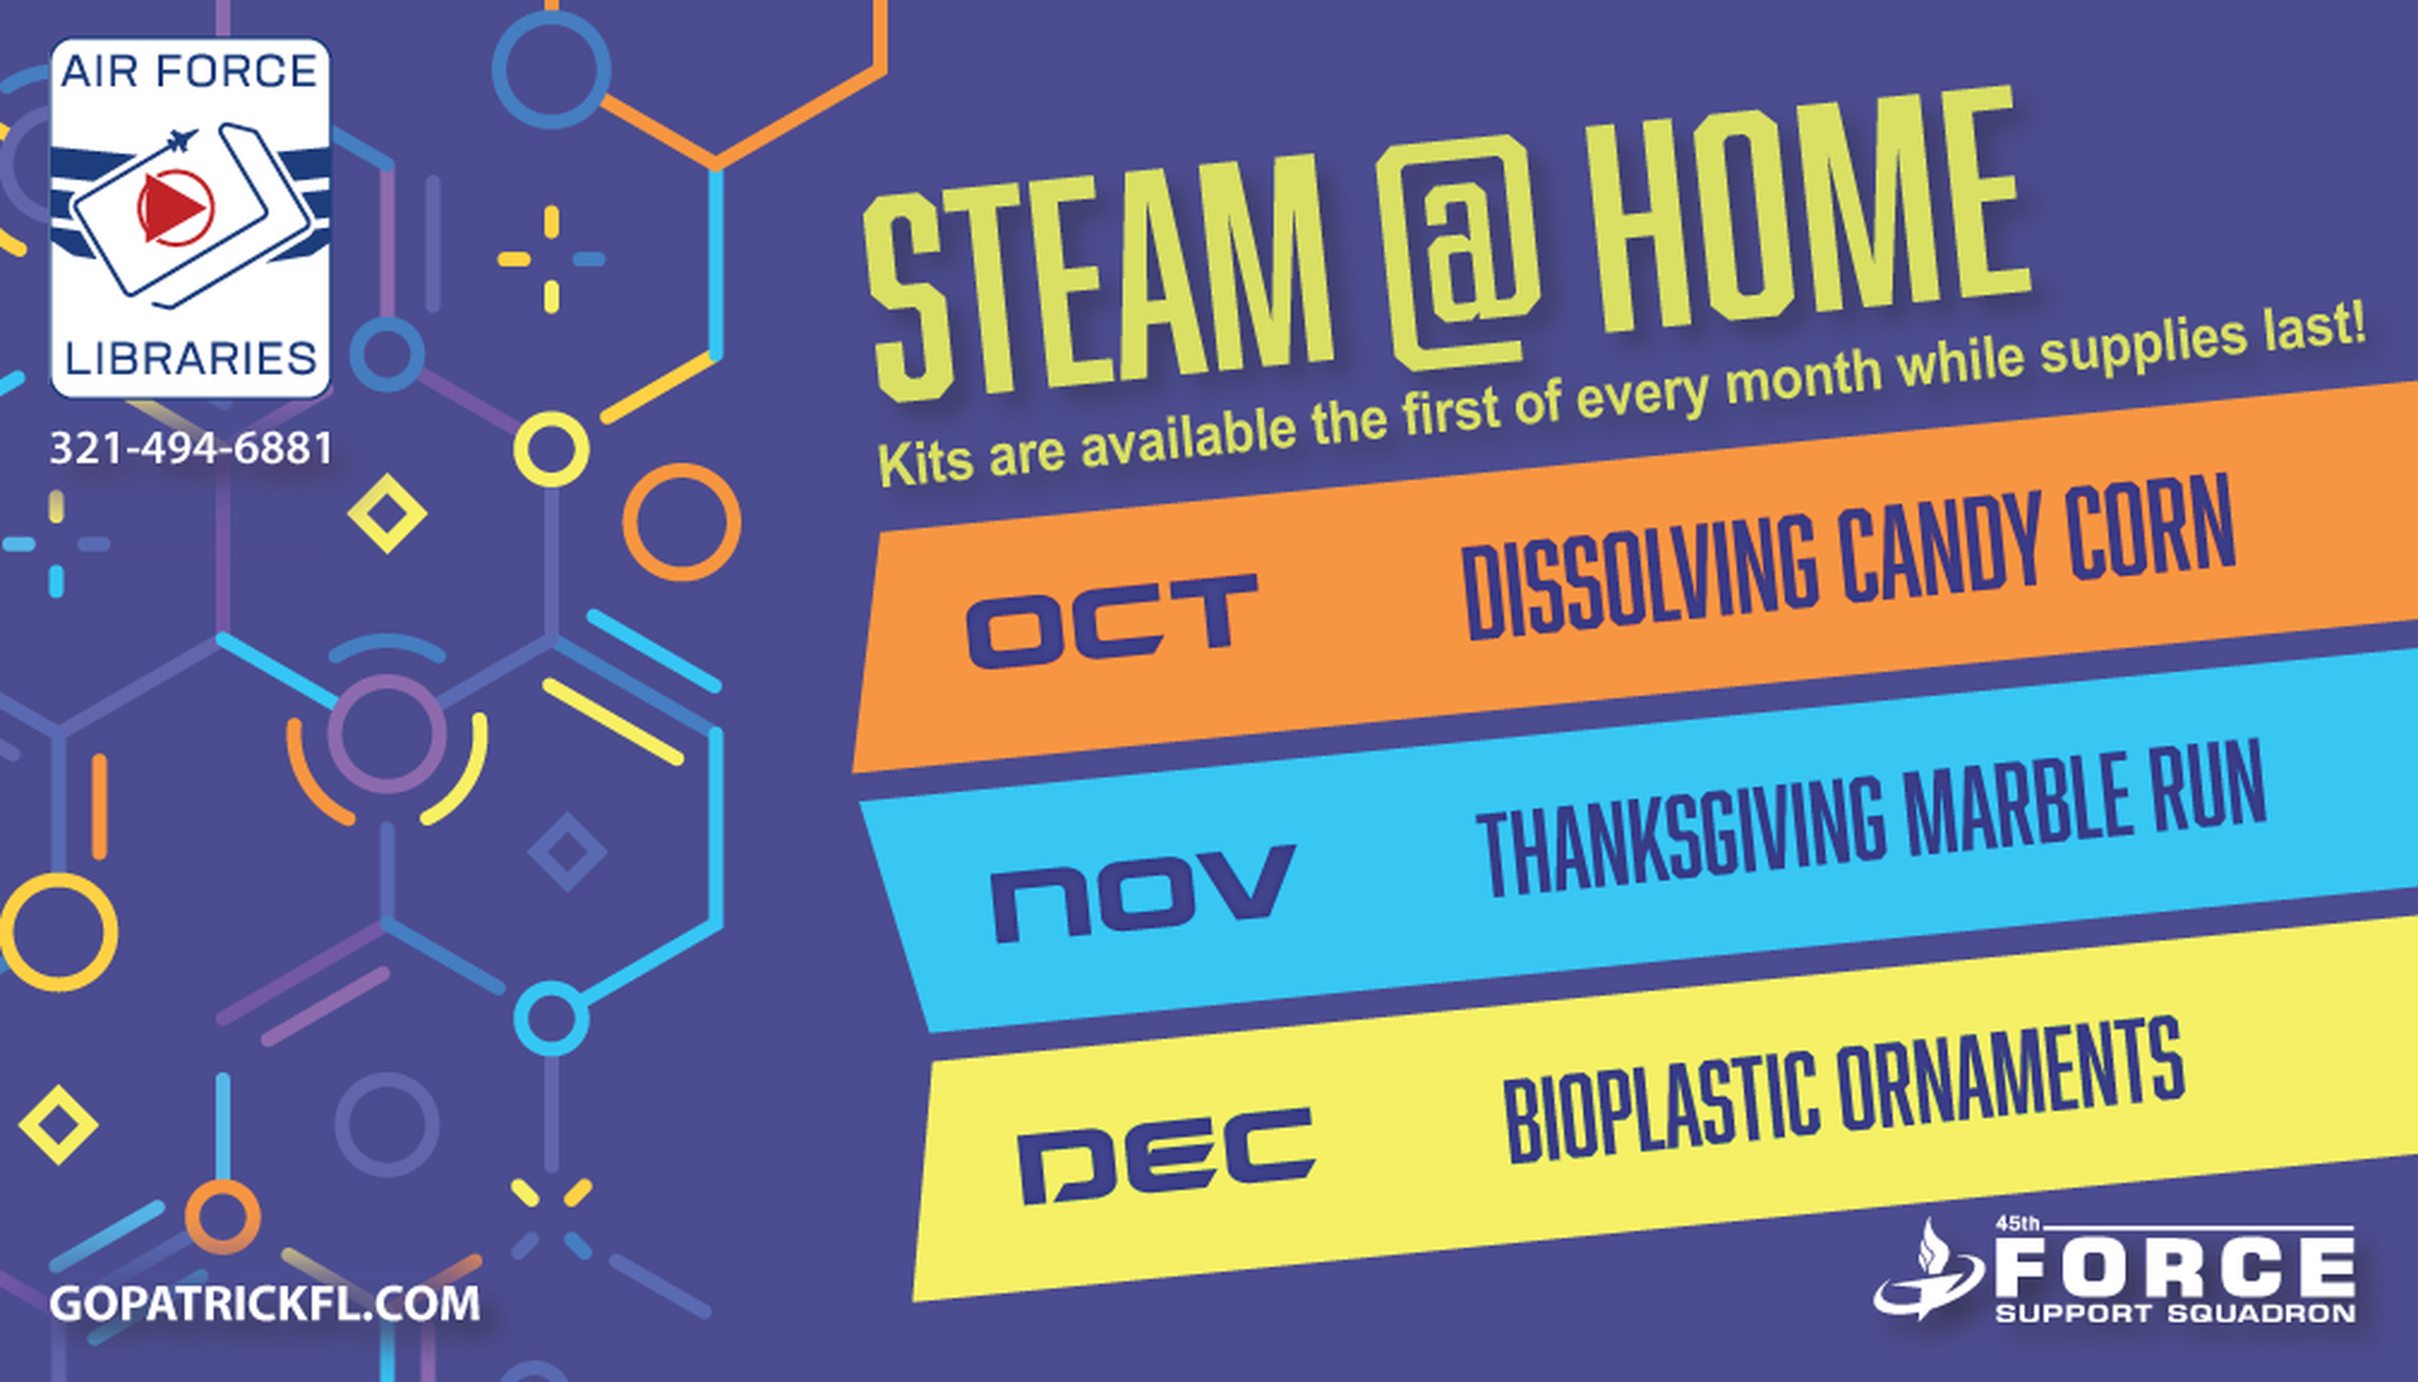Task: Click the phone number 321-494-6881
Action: click(190, 448)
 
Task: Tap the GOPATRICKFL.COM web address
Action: click(264, 1303)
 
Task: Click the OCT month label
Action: click(1111, 620)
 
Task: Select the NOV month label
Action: click(1142, 892)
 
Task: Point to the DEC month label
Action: click(1166, 1155)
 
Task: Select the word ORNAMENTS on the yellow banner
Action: click(2011, 1082)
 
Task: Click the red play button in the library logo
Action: click(175, 207)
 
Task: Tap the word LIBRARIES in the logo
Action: click(190, 358)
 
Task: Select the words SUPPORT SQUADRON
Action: click(2175, 1314)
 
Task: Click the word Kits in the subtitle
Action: click(923, 461)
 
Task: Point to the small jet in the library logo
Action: click(184, 141)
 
